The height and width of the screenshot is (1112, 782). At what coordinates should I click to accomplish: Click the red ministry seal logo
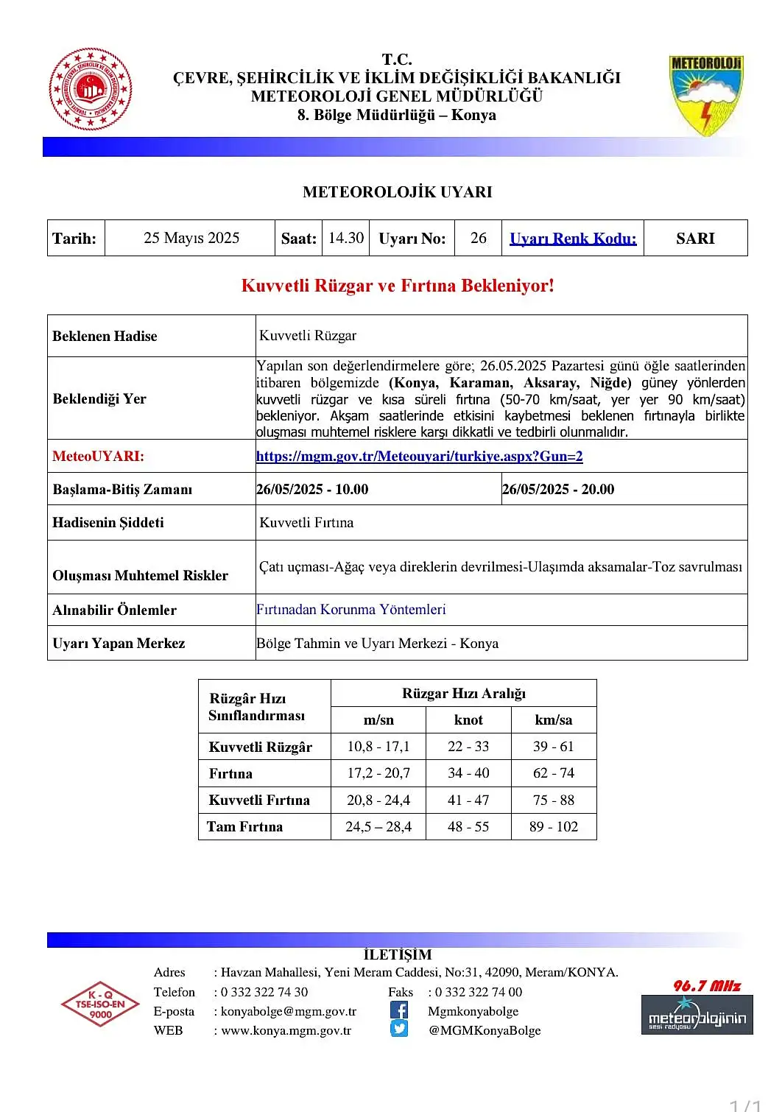tap(90, 89)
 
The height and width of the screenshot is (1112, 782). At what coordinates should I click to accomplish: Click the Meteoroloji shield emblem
tap(705, 95)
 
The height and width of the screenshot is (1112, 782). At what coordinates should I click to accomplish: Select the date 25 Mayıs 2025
tap(191, 238)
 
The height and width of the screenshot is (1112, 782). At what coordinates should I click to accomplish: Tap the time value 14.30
tap(346, 238)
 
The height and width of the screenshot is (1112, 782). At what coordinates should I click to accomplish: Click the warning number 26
tap(479, 238)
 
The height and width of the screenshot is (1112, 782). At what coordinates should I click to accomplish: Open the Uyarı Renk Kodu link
tap(573, 239)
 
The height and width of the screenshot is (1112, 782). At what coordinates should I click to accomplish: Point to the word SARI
tap(695, 239)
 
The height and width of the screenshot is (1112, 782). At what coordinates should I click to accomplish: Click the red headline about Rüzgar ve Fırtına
tap(398, 286)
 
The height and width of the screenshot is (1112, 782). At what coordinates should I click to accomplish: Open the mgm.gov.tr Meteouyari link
tap(419, 456)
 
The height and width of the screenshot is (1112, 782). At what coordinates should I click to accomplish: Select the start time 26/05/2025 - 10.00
tap(312, 489)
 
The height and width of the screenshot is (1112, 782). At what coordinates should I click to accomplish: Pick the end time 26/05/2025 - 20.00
tap(558, 489)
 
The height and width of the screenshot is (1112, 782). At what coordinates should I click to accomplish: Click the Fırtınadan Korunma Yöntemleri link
tap(351, 610)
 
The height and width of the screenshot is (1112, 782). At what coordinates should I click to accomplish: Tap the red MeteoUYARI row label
tap(98, 456)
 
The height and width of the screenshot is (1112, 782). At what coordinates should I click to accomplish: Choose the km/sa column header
tap(553, 719)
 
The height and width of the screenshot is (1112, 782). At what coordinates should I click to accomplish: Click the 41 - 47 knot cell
tap(468, 800)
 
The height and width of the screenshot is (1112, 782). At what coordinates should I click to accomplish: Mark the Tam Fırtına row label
tap(244, 826)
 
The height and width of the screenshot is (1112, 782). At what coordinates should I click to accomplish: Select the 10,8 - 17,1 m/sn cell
tap(378, 746)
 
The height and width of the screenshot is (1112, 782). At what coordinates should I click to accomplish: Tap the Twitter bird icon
tap(399, 1029)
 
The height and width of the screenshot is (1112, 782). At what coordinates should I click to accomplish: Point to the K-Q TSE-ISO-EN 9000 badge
tap(100, 1004)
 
